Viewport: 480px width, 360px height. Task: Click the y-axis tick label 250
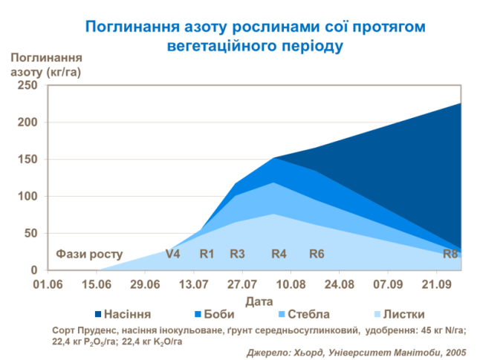tap(27, 85)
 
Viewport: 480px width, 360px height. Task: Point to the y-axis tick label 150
tap(27, 160)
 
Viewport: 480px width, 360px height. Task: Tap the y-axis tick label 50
tap(30, 234)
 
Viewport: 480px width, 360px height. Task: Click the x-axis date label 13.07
tap(193, 284)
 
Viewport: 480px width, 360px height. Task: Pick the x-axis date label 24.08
tap(339, 284)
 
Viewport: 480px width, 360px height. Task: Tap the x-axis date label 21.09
tap(436, 284)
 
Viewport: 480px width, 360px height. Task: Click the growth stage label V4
tap(172, 254)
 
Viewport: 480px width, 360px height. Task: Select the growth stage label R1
tap(207, 254)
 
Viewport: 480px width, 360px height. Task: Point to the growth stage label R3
tap(237, 254)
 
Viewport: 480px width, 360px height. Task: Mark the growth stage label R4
tap(279, 254)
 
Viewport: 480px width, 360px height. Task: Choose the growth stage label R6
tap(317, 254)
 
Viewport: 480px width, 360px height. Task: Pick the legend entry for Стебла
tap(302, 314)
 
